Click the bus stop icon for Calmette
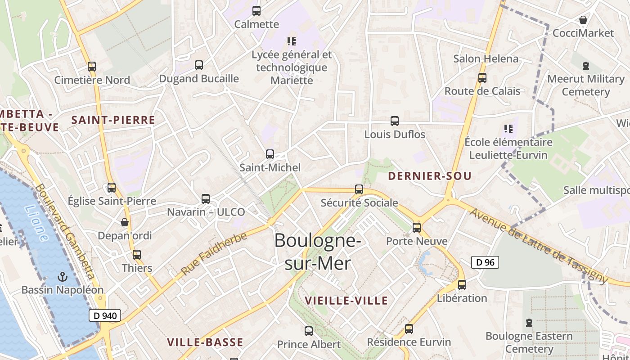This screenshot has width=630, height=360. click(x=256, y=11)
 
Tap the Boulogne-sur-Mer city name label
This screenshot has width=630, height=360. click(x=317, y=252)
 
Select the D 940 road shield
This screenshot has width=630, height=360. click(x=105, y=315)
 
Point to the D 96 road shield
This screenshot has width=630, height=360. click(x=485, y=262)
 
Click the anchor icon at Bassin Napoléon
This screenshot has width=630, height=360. click(x=63, y=277)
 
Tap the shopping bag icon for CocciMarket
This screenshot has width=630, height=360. click(x=583, y=20)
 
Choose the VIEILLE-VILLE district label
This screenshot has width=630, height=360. click(x=346, y=301)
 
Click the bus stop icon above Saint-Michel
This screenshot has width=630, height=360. click(x=270, y=154)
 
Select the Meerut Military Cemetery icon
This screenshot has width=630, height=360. click(x=586, y=66)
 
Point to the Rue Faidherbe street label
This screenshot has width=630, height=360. click(x=214, y=253)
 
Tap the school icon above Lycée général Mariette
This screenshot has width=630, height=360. click(x=292, y=41)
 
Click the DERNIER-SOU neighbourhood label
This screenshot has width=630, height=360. click(x=430, y=176)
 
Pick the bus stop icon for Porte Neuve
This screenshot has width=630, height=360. click(x=417, y=228)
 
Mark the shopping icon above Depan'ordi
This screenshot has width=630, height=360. click(x=125, y=223)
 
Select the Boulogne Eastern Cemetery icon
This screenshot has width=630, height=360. click(x=529, y=323)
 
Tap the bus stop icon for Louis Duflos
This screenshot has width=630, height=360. click(x=395, y=121)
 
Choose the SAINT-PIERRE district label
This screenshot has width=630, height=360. click(x=113, y=120)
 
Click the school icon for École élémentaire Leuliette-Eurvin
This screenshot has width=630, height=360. click(x=508, y=129)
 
